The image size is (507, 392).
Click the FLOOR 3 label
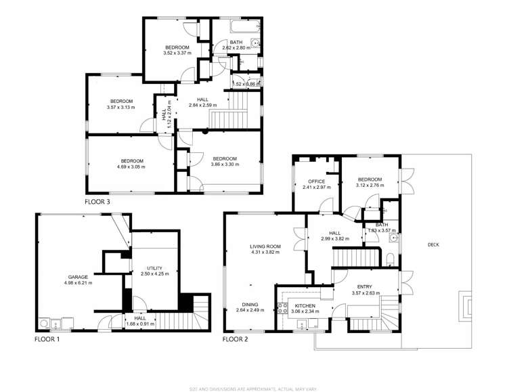point(97,202)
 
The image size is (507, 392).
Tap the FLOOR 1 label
point(47,339)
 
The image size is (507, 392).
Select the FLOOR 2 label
point(236,339)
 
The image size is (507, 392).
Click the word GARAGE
point(78,277)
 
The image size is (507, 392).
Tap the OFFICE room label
point(317,181)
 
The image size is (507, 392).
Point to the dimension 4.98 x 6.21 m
point(78,283)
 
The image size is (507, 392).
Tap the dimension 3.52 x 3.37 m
point(177,53)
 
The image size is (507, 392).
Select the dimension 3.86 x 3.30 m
point(224,165)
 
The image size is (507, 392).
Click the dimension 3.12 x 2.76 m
point(370,186)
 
